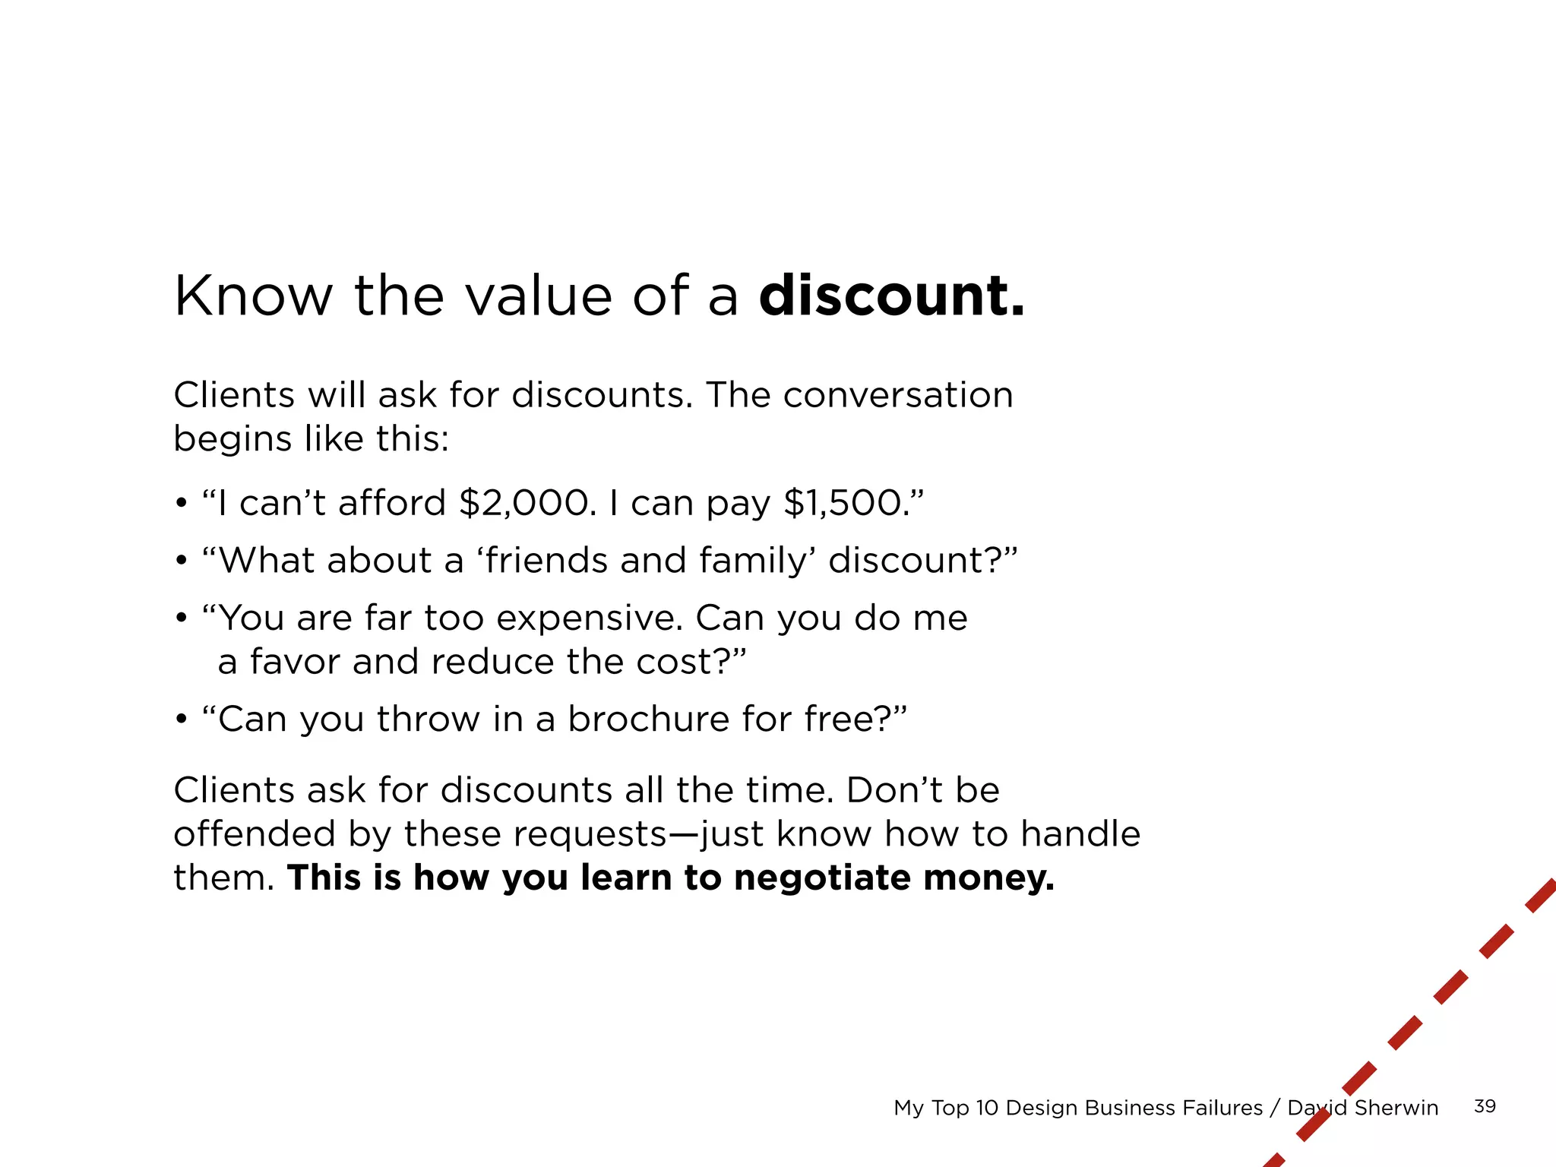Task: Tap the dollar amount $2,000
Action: [527, 503]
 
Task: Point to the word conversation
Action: [898, 395]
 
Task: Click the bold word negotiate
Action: [823, 878]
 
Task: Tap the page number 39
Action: [1485, 1106]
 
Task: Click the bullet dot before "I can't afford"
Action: [181, 504]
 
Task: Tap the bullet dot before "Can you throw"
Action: [181, 719]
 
